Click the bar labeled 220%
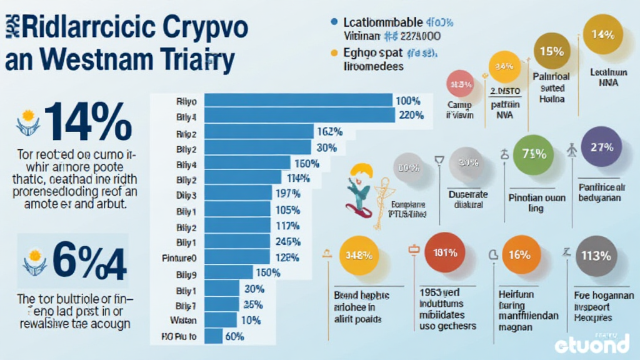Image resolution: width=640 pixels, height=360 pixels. coord(300,115)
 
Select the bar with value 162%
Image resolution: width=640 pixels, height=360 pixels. coord(259,131)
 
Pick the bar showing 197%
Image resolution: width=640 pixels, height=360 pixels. coord(239,194)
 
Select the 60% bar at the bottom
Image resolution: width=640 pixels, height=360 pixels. coord(214,336)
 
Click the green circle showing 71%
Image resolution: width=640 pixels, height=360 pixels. coord(534,153)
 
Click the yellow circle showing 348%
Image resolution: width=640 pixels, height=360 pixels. coord(358,256)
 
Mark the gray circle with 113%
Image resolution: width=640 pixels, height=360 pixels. coord(595,255)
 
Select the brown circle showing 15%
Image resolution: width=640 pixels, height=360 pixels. coord(552,52)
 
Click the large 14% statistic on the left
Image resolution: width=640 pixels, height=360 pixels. coord(87,121)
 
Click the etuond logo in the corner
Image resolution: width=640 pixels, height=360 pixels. coord(591,343)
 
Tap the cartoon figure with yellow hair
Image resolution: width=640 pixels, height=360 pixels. coord(362,187)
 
